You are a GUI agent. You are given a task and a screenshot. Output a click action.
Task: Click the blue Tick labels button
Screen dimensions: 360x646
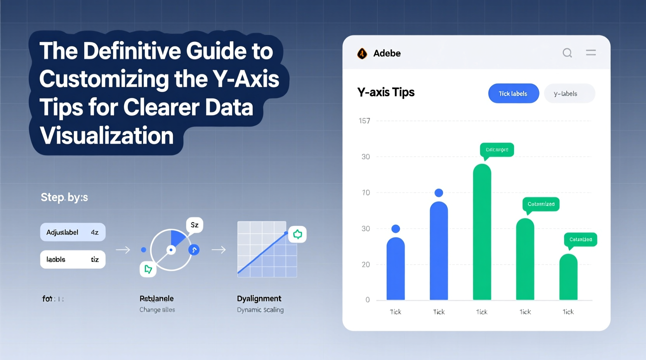coord(513,93)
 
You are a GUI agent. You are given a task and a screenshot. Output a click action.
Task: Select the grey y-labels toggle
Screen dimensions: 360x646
coord(569,93)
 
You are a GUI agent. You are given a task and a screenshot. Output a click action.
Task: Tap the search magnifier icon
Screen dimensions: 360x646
coord(567,53)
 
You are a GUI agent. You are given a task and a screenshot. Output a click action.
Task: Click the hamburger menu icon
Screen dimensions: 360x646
coord(590,52)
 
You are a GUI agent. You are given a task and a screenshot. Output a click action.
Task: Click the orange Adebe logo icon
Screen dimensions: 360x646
coord(362,54)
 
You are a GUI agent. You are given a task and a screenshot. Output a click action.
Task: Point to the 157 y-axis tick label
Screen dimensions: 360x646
coord(364,121)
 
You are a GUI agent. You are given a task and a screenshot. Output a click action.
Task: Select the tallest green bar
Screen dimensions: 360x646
coord(482,233)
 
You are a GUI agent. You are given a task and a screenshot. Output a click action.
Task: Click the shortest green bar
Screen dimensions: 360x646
coord(568,277)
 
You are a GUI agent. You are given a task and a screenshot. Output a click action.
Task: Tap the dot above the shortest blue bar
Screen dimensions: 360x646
coord(396,229)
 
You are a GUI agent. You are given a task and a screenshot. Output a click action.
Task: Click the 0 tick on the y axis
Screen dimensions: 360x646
coord(367,300)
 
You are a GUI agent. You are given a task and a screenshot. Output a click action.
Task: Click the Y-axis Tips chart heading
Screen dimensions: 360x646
coord(386,92)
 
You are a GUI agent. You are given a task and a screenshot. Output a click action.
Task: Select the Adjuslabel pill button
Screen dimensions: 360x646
coord(73,232)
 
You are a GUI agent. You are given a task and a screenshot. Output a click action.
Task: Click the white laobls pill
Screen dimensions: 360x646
coord(73,260)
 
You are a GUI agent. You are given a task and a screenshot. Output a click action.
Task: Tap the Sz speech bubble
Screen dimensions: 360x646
coord(194,225)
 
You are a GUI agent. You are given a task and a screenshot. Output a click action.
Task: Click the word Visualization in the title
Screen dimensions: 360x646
coord(106,136)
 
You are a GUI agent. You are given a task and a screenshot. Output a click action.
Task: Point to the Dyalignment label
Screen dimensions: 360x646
coord(259,299)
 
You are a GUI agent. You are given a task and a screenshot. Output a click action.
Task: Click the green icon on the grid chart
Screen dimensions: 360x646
coord(297,234)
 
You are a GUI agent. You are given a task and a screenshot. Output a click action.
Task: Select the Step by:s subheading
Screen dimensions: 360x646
coord(64,197)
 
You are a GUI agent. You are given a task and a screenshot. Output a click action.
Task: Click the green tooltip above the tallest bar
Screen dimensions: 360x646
coord(497,150)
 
